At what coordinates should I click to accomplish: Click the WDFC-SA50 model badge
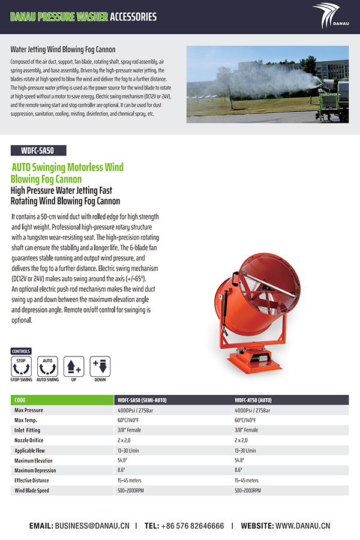38,151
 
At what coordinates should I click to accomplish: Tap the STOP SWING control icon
22,365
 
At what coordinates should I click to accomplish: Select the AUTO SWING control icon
47,365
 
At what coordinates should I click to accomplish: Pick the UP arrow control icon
74,365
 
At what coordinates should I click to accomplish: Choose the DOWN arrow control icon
100,365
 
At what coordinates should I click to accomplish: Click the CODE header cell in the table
20,400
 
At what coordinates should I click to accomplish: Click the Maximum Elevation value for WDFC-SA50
125,460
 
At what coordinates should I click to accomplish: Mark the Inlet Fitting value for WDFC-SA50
128,430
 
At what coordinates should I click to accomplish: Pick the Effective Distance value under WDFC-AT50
247,481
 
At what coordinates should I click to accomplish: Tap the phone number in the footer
192,526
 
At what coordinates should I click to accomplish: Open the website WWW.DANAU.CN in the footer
303,526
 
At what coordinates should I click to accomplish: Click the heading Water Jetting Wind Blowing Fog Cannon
63,49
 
